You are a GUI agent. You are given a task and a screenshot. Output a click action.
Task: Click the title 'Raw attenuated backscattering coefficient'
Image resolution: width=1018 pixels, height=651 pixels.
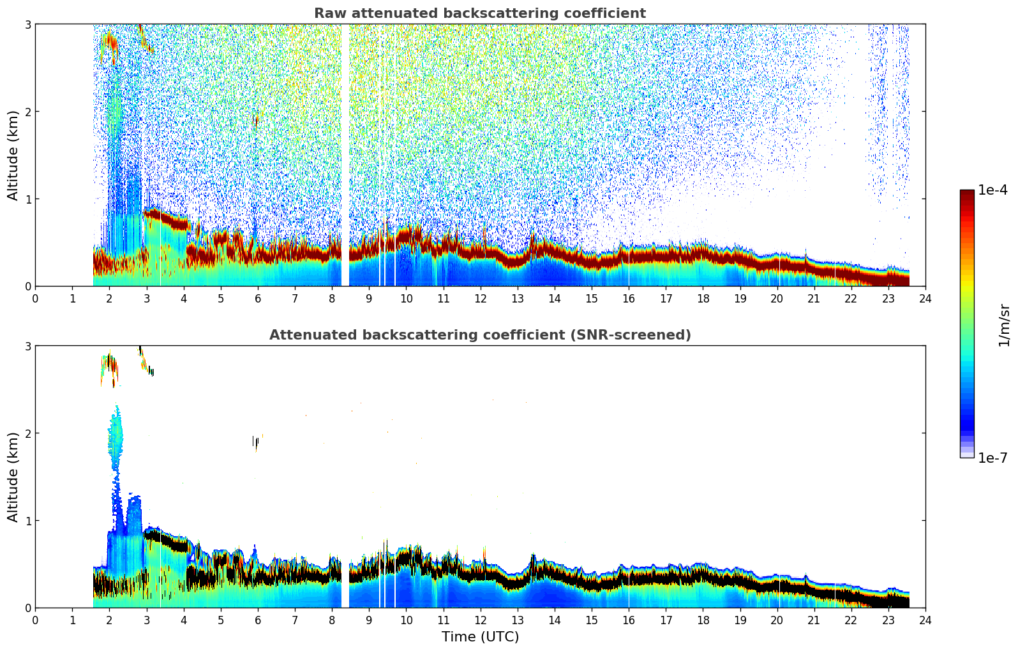[479, 13]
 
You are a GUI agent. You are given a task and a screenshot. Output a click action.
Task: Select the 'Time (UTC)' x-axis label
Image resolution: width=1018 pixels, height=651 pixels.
[480, 636]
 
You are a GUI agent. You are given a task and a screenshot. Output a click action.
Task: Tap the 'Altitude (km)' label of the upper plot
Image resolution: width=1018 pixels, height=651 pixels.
[13, 155]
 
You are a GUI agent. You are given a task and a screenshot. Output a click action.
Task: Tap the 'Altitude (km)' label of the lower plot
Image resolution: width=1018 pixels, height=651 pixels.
[13, 477]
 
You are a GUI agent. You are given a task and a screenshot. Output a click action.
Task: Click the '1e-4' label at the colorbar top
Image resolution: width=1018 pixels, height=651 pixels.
[992, 190]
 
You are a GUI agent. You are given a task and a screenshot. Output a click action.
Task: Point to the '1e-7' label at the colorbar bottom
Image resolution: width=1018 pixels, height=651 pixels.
[992, 458]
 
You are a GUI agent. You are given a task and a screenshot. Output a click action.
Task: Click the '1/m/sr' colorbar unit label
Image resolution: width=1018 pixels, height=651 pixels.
[1004, 325]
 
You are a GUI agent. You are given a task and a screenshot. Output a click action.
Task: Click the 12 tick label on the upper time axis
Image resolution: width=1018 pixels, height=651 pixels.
[480, 298]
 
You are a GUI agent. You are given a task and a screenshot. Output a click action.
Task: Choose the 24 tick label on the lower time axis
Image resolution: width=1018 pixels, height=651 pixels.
[925, 620]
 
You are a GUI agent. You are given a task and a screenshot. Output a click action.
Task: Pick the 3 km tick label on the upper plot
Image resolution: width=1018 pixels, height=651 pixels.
[27, 24]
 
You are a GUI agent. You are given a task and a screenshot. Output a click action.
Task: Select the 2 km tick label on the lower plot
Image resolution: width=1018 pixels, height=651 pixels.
[27, 433]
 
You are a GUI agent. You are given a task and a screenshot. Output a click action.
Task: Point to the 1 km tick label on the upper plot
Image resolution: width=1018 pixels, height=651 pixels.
[27, 199]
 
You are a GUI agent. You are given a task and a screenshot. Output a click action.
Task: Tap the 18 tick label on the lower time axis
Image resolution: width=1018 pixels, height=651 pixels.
[703, 620]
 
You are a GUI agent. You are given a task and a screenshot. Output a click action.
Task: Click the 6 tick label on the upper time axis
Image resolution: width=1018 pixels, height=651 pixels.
[258, 298]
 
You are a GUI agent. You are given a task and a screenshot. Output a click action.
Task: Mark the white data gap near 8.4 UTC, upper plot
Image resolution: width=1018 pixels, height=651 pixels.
[345, 153]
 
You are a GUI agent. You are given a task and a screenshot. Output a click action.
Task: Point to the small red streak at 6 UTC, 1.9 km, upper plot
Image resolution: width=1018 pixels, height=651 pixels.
[255, 120]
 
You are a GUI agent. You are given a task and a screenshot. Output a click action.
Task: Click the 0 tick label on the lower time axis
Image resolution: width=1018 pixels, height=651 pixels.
[35, 620]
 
